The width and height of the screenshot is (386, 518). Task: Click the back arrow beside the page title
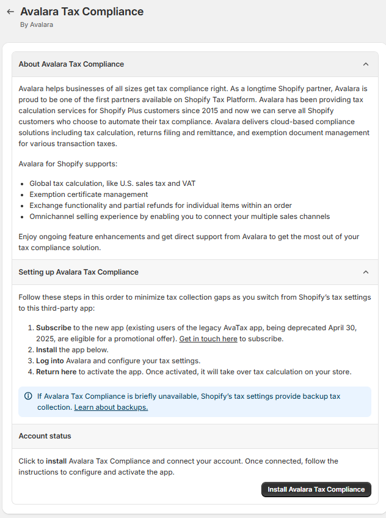(x=10, y=12)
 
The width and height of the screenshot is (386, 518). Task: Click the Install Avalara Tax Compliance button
(x=316, y=489)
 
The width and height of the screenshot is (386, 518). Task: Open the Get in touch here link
(x=208, y=339)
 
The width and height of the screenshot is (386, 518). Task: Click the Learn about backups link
(x=111, y=407)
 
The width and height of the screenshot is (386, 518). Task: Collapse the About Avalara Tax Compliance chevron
(x=366, y=64)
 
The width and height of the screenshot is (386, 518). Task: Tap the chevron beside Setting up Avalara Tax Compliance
(x=366, y=272)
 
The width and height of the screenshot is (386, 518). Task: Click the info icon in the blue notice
(x=28, y=396)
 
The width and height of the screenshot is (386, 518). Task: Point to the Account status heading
(x=45, y=436)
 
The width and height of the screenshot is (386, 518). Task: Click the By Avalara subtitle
(x=37, y=24)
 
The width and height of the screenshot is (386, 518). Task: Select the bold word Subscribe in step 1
(x=53, y=328)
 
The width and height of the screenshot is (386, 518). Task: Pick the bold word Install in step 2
(x=46, y=350)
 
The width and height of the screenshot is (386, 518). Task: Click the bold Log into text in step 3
(x=49, y=361)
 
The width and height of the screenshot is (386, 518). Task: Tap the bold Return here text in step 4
(x=56, y=372)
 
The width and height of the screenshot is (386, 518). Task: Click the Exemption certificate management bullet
(x=89, y=194)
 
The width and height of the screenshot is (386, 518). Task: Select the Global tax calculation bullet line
(x=112, y=183)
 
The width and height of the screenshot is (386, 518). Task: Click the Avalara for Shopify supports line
(x=68, y=165)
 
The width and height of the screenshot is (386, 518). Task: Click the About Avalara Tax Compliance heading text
(x=71, y=64)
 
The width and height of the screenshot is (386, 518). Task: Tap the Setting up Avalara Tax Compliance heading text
(x=78, y=272)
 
